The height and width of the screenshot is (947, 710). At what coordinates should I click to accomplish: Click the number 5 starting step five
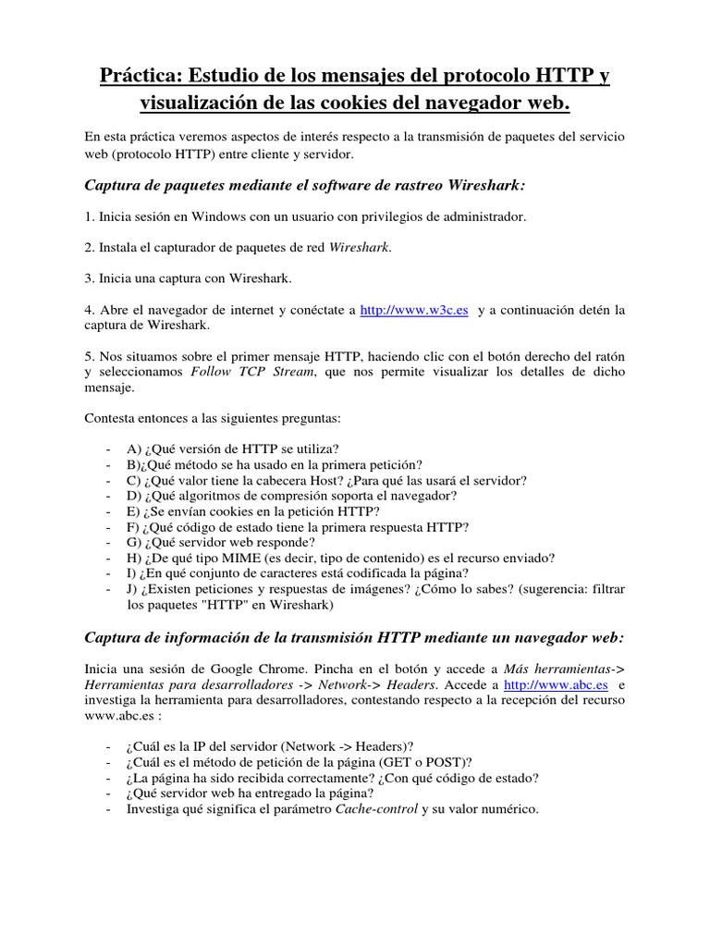click(x=88, y=356)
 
